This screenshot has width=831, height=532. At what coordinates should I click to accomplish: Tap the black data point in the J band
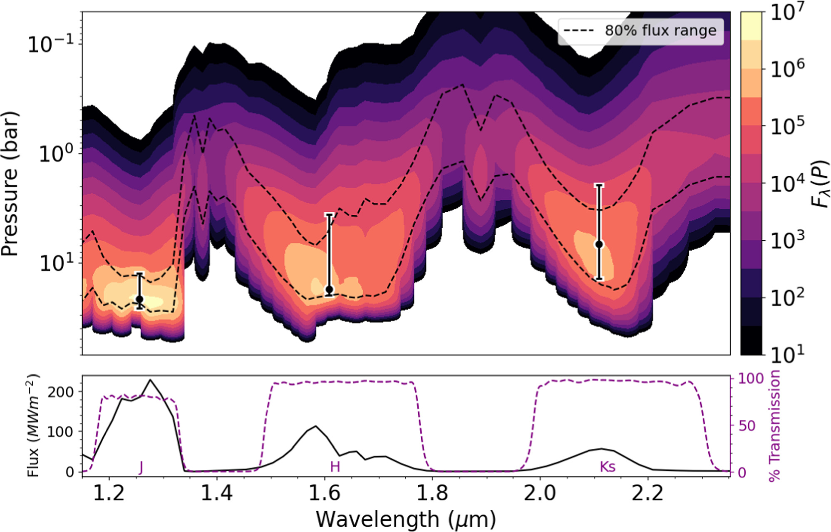coord(140,299)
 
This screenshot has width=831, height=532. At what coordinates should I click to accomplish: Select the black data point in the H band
coord(330,289)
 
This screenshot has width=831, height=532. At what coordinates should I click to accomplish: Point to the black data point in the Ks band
coord(599,244)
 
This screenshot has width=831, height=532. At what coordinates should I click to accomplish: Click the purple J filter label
coord(141,467)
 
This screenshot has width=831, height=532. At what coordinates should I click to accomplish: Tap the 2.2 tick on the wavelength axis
coord(647,494)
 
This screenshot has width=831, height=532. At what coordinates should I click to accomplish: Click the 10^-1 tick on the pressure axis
coord(50,43)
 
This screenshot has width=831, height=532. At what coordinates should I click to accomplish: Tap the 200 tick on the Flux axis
coord(60,392)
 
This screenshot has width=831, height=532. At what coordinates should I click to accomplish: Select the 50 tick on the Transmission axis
coord(747,426)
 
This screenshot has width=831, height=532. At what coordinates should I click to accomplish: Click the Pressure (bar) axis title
coord(10,183)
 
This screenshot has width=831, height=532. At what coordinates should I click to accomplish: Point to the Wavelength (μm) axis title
coord(406,519)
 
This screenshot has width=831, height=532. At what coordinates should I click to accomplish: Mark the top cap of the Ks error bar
coord(599,185)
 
